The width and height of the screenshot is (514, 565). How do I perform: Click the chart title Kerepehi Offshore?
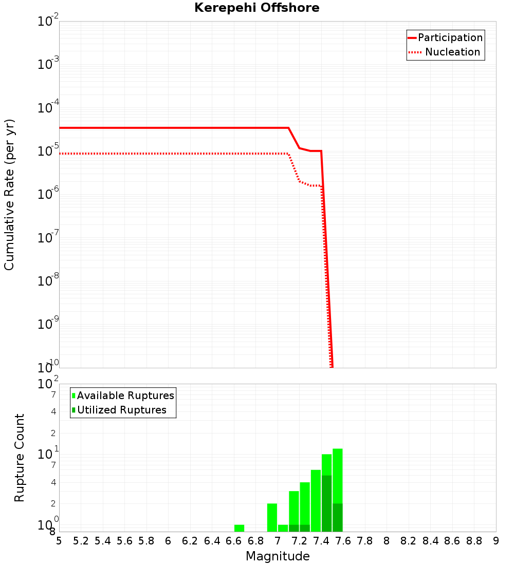point(256,8)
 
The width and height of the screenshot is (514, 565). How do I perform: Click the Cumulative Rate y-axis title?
point(9,195)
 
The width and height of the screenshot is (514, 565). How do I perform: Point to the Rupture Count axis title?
point(20,458)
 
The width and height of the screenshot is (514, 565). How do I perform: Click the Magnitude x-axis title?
point(278,556)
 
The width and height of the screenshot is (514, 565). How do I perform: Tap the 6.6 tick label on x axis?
point(234,541)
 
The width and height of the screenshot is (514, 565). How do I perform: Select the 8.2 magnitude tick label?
point(409,541)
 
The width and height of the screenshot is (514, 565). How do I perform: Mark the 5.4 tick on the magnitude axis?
point(103,541)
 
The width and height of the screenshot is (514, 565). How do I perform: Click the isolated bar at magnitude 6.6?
point(239,528)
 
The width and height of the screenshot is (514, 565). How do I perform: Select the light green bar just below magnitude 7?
point(272,517)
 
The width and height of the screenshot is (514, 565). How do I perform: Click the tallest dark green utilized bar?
point(326,503)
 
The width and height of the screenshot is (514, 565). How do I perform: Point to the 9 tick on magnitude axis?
point(496,541)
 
